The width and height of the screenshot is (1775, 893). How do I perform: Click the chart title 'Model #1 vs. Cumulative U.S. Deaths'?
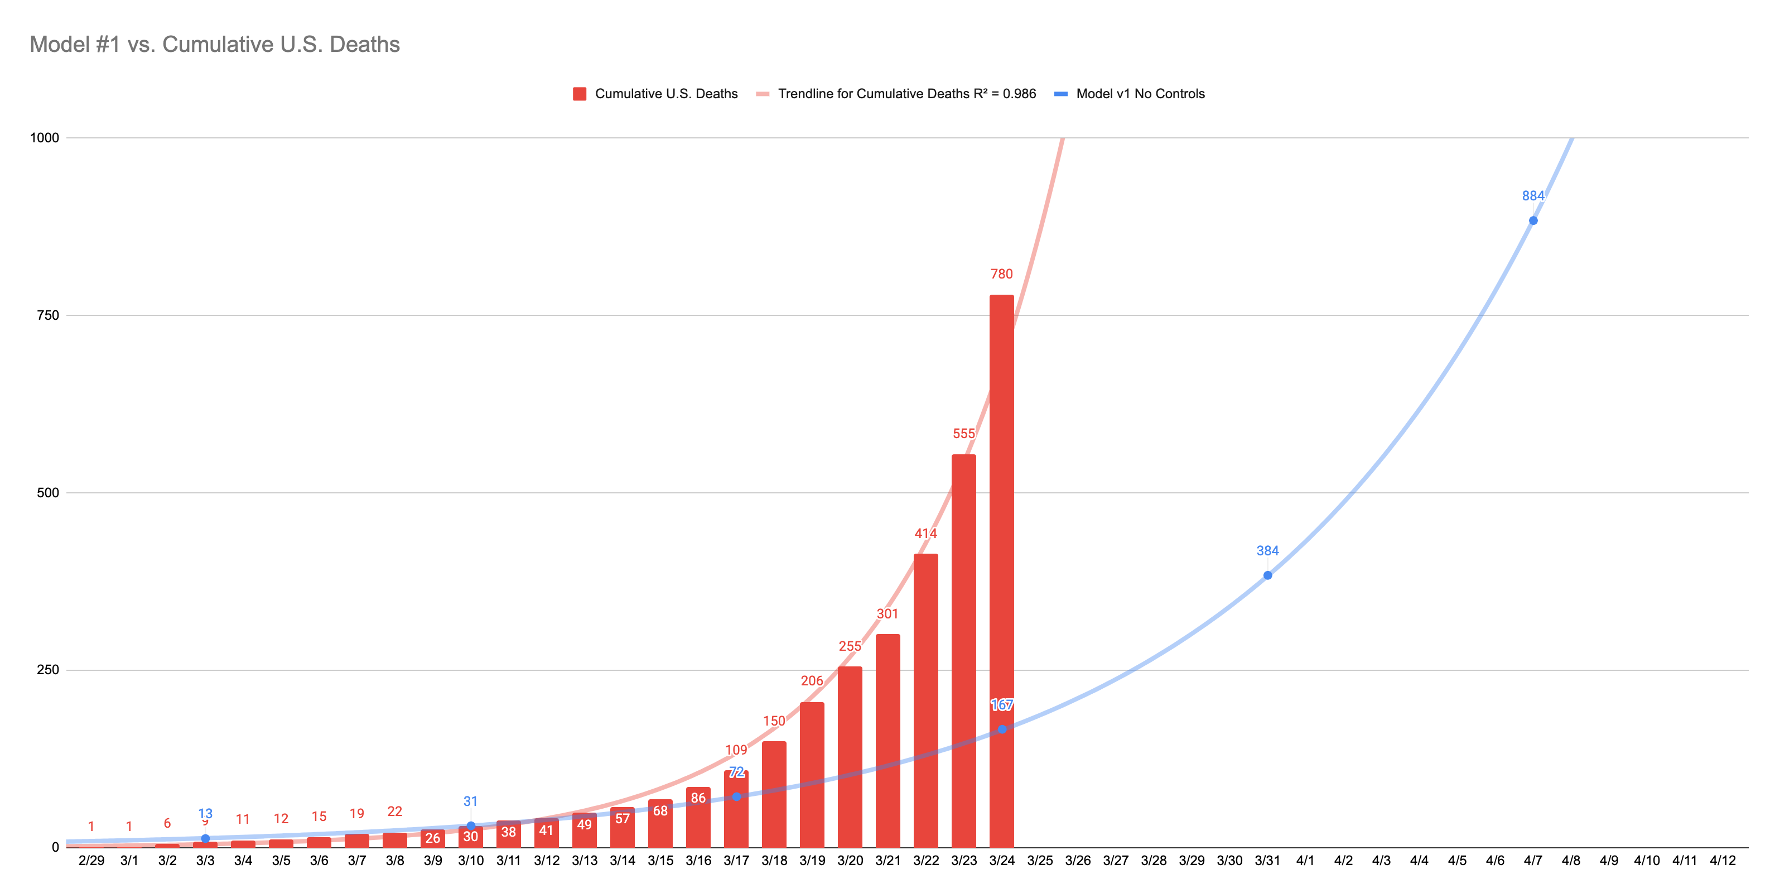coord(214,44)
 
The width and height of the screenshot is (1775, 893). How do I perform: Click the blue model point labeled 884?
coord(1532,220)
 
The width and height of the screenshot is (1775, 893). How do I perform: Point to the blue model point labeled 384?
coord(1267,575)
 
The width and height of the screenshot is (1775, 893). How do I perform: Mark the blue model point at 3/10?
coord(471,825)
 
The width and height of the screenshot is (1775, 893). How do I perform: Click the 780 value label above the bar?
coord(1001,274)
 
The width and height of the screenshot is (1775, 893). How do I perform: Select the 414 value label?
coord(925,533)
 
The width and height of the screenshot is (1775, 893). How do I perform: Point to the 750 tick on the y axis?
coord(47,315)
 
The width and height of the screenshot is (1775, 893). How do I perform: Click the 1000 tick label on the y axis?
coord(45,137)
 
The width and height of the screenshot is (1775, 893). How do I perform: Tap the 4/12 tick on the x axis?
coord(1722,861)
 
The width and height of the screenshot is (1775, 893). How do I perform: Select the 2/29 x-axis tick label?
coord(91,861)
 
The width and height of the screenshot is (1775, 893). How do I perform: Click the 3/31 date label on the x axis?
coord(1267,861)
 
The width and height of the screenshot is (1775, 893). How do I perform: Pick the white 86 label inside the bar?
coord(698,798)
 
